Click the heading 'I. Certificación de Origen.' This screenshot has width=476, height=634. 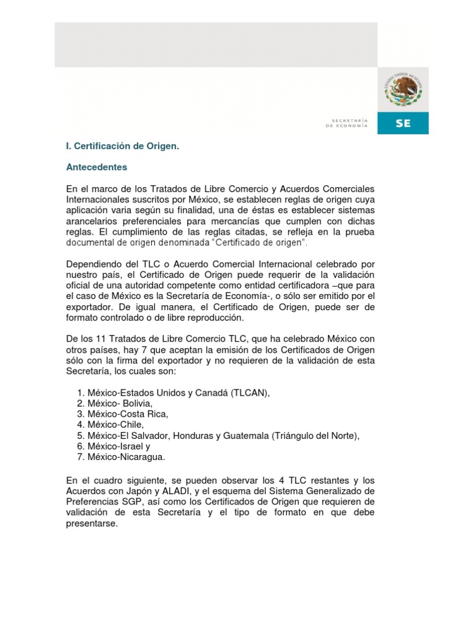(122, 146)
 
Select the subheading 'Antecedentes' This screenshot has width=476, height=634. (96, 167)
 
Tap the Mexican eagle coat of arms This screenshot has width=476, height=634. (402, 90)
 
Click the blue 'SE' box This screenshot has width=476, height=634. (403, 123)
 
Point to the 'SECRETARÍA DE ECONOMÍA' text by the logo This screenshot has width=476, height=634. (346, 123)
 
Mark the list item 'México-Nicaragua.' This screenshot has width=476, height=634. (126, 457)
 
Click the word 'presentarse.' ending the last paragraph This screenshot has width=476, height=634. (91, 523)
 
